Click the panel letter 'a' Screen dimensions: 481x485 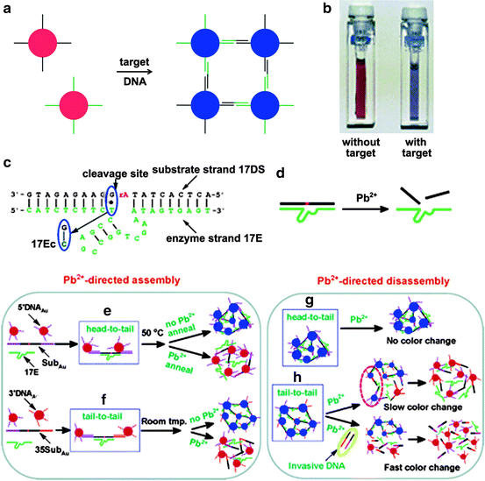click(x=7, y=8)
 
